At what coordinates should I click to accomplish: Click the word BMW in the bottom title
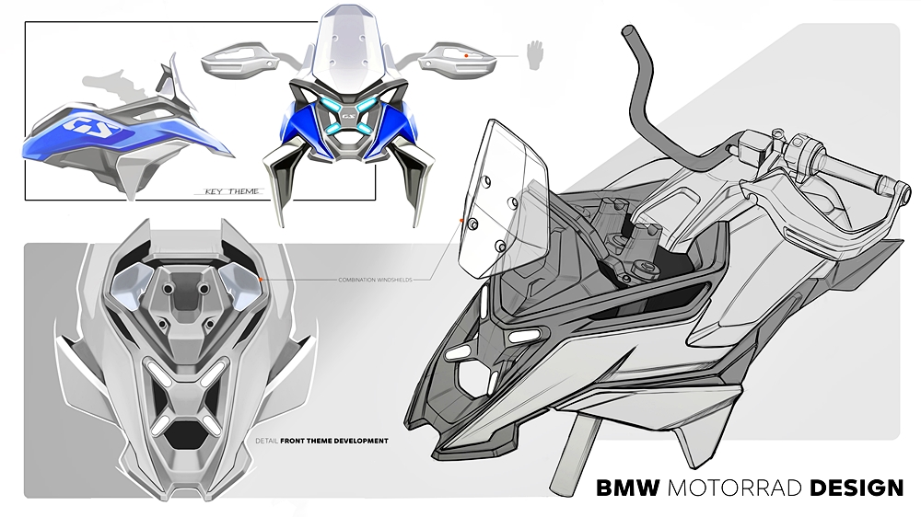point(628,488)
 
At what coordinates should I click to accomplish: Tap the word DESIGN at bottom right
point(856,488)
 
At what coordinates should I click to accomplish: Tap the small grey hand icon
point(534,55)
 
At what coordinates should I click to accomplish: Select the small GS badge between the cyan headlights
point(348,116)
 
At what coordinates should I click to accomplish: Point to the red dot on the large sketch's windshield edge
point(460,221)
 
